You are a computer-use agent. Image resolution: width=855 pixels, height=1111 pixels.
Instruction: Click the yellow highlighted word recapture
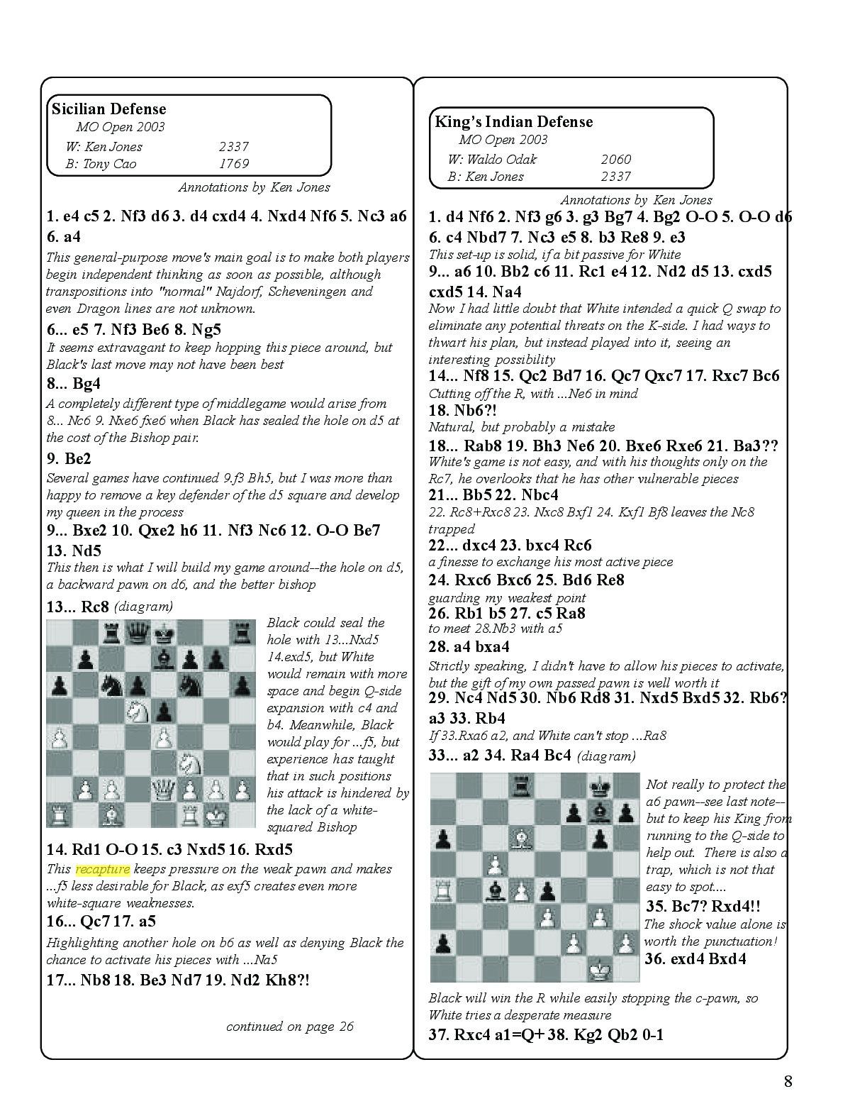coord(103,869)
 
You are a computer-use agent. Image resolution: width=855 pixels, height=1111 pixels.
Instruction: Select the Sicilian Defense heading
coord(108,109)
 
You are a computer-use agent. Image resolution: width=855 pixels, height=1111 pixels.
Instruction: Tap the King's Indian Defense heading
coord(513,122)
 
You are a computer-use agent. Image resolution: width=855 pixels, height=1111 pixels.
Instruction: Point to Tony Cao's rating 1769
coord(234,164)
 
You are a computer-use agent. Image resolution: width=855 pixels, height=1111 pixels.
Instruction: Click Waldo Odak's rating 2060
coord(615,160)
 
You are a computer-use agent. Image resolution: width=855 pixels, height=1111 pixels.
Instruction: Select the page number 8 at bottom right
coord(788,1081)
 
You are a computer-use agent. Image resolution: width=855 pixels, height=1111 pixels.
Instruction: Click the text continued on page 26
coord(289,1027)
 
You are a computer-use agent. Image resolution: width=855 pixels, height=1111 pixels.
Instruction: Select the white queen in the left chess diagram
coord(164,787)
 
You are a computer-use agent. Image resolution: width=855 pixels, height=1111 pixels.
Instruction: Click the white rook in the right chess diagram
coord(443,889)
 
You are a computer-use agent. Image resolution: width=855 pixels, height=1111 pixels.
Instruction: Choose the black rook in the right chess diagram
coord(521,785)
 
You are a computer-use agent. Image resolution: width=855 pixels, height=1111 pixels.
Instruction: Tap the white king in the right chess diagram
coord(600,968)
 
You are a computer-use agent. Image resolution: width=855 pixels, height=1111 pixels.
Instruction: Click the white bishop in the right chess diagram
coord(521,837)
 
